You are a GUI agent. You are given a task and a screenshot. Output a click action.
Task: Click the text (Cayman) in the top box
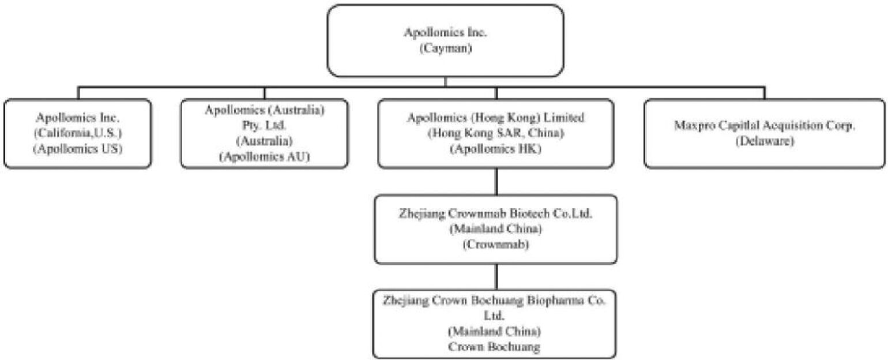pos(445,49)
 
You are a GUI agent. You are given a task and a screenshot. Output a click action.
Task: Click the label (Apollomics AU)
pos(265,156)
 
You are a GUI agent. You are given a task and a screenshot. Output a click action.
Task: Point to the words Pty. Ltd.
pos(265,125)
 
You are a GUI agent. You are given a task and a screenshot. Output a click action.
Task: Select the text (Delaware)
pos(764,140)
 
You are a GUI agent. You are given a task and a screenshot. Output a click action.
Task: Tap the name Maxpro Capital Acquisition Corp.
pos(764,126)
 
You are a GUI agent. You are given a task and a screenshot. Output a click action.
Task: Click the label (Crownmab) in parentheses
pos(496,244)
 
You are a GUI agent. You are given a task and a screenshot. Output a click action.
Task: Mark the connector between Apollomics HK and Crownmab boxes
pos(496,181)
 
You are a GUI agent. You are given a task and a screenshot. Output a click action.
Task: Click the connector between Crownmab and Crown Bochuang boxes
pos(496,276)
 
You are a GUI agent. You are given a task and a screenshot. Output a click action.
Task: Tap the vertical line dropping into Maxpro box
pos(765,93)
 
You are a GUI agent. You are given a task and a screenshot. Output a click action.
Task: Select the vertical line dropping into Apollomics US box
pos(79,93)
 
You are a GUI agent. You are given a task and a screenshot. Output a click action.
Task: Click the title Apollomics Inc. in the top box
pos(445,33)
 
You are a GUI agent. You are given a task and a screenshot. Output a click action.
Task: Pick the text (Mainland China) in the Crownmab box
pos(496,229)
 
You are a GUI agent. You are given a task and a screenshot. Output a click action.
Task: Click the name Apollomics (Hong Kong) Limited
pos(496,118)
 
